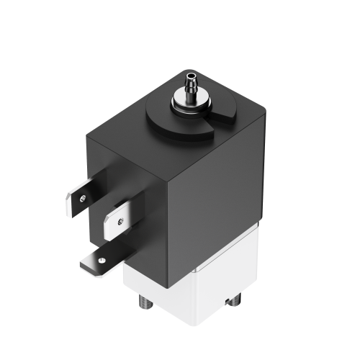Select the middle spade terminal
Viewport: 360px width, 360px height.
[x=115, y=220]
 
